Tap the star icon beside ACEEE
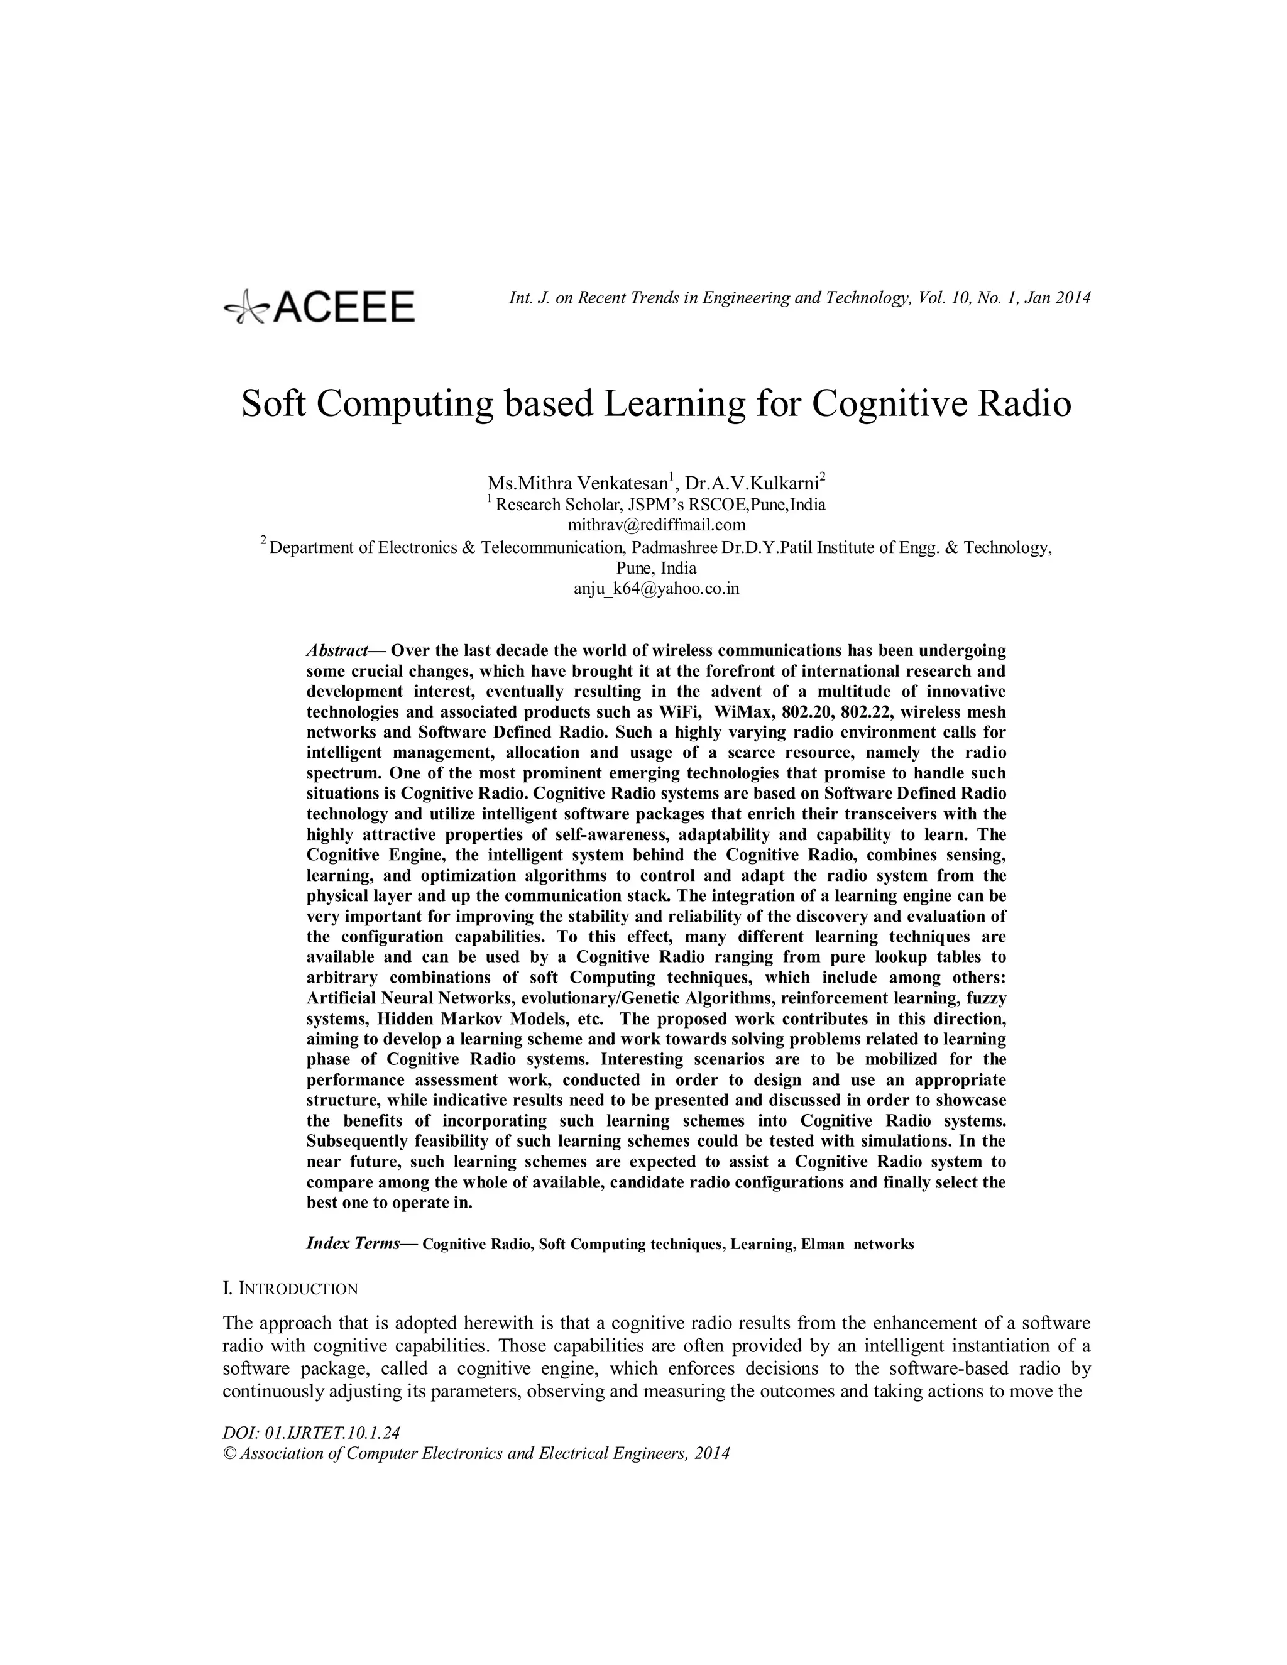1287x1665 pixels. (246, 308)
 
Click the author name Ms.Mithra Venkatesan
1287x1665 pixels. (579, 483)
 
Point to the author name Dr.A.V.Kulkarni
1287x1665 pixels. (752, 483)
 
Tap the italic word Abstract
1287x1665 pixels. (336, 651)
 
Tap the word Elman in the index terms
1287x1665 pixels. (823, 1245)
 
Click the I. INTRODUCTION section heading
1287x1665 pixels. (290, 1289)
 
